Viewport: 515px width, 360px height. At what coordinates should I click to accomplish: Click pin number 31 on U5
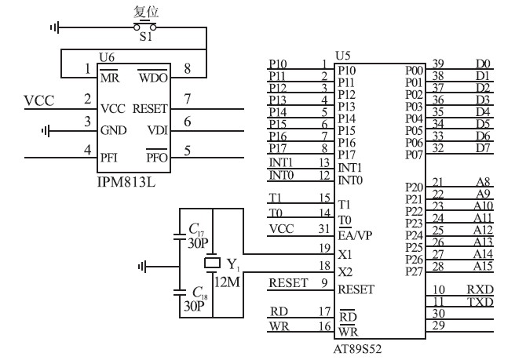point(322,228)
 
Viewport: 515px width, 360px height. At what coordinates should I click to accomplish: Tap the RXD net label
point(480,289)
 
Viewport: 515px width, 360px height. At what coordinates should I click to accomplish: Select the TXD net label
point(480,302)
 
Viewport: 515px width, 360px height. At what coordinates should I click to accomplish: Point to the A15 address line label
point(484,266)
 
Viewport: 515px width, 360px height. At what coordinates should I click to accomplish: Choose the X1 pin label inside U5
point(345,255)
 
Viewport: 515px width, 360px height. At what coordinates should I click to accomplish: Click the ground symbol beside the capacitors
point(142,267)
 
